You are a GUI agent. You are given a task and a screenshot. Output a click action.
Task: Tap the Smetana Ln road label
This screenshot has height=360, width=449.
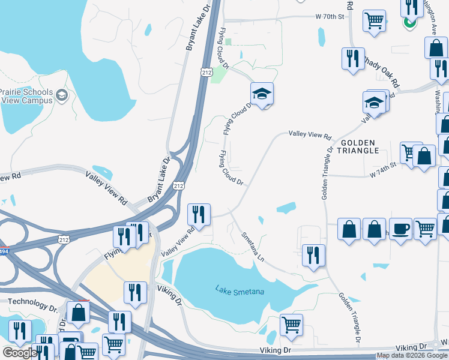tap(253, 245)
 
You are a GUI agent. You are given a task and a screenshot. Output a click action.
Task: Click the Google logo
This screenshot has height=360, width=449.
tap(20, 353)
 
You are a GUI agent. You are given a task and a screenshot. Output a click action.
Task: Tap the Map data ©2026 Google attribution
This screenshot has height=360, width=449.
tap(412, 355)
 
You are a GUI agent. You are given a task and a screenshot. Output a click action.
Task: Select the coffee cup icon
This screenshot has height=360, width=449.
tap(400, 229)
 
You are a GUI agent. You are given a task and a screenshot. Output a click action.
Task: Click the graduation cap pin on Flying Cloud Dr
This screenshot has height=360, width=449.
tap(262, 94)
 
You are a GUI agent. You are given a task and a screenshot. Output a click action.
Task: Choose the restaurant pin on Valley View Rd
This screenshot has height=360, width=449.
tap(199, 214)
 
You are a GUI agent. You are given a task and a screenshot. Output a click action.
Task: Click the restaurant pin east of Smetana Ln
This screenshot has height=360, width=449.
tap(313, 255)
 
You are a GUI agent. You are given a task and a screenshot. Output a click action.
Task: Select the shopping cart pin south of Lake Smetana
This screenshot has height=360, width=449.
tap(291, 325)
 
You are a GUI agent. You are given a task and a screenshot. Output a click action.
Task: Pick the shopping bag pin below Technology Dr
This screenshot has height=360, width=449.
tap(78, 312)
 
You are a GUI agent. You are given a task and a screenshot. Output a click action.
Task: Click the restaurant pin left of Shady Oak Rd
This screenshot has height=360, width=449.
tap(351, 58)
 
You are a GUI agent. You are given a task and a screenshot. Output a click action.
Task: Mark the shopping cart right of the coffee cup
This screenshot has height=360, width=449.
tap(425, 229)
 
